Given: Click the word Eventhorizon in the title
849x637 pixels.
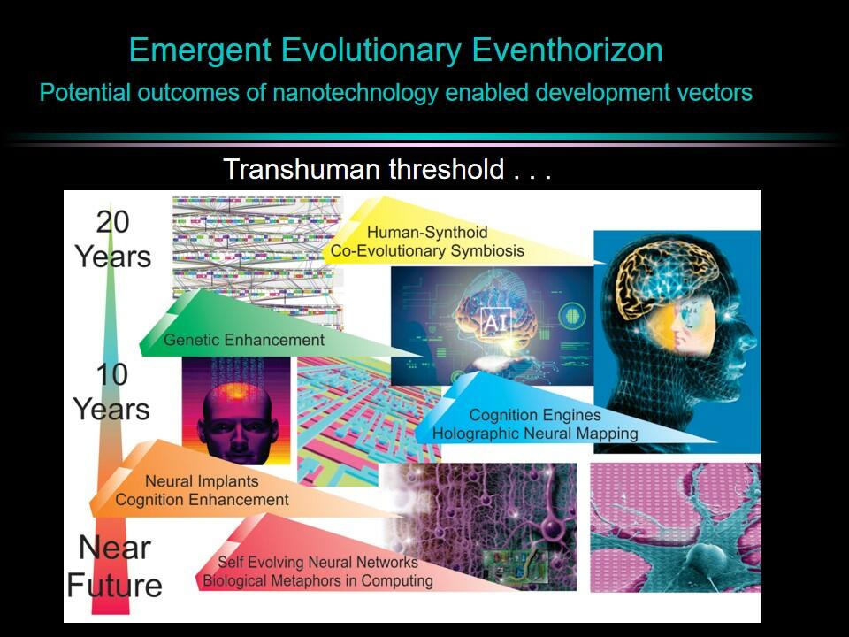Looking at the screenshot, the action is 567,50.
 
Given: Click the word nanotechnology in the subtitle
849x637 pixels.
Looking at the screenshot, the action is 356,93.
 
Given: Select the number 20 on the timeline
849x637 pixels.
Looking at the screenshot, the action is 113,222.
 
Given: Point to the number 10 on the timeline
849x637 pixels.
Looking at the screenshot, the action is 112,374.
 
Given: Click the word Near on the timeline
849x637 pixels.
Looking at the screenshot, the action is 115,548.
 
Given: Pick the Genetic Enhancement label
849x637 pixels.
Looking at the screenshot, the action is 244,340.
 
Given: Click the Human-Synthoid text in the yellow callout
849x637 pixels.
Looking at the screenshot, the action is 427,233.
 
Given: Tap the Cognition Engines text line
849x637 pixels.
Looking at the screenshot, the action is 535,415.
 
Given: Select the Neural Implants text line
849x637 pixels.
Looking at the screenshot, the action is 202,481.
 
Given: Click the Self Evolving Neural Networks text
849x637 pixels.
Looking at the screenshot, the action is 317,563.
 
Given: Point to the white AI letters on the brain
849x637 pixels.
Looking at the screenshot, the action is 494,323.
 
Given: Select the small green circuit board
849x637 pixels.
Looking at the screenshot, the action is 515,567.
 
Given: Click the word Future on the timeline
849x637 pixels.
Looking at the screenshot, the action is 114,586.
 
